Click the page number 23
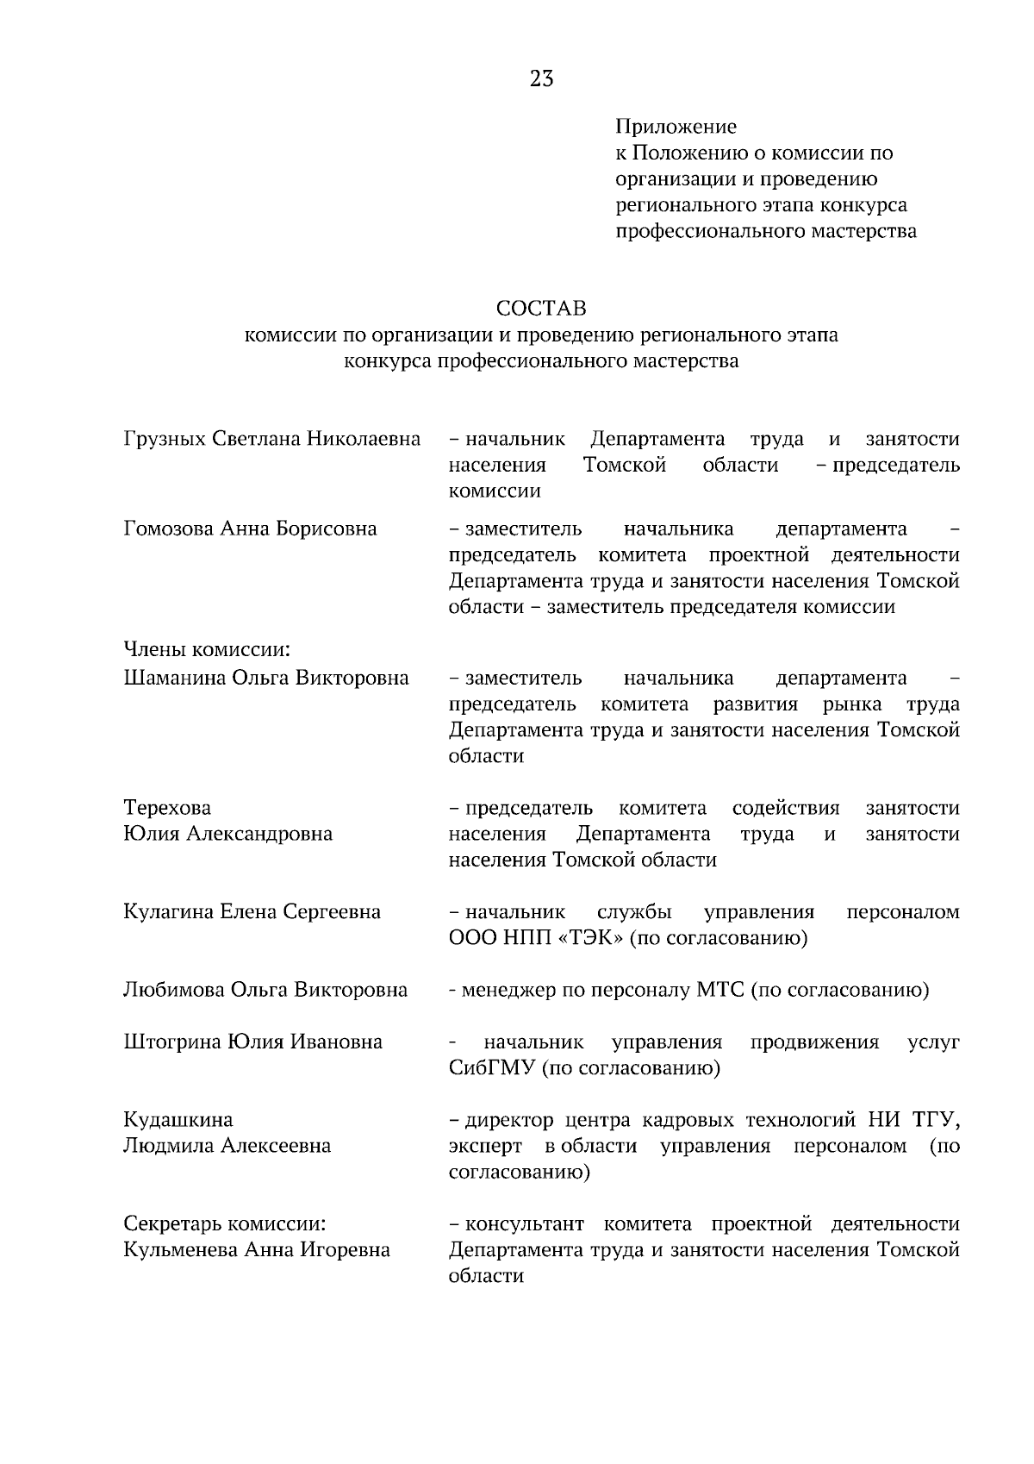point(541,80)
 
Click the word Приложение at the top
point(676,128)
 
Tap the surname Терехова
point(167,809)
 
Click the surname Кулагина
point(169,912)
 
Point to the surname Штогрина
point(171,1042)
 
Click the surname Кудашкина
point(178,1120)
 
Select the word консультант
point(525,1224)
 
